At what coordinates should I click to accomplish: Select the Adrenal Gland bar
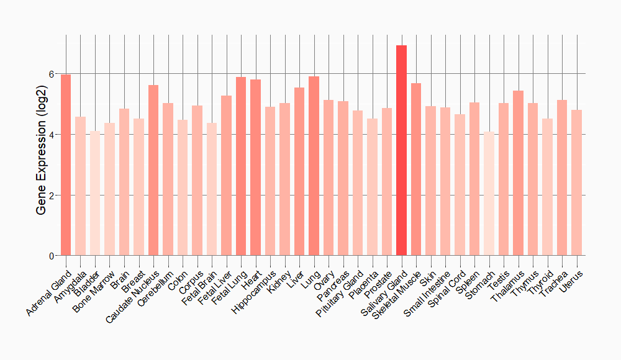(x=66, y=165)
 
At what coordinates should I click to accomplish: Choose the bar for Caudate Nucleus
(x=153, y=170)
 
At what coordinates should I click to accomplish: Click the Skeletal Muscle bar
(x=416, y=169)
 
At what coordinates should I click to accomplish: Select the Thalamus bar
(x=518, y=173)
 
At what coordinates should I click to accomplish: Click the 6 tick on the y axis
(x=52, y=74)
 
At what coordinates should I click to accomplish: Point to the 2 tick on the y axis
(x=52, y=196)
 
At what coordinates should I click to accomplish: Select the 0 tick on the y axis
(x=52, y=256)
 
